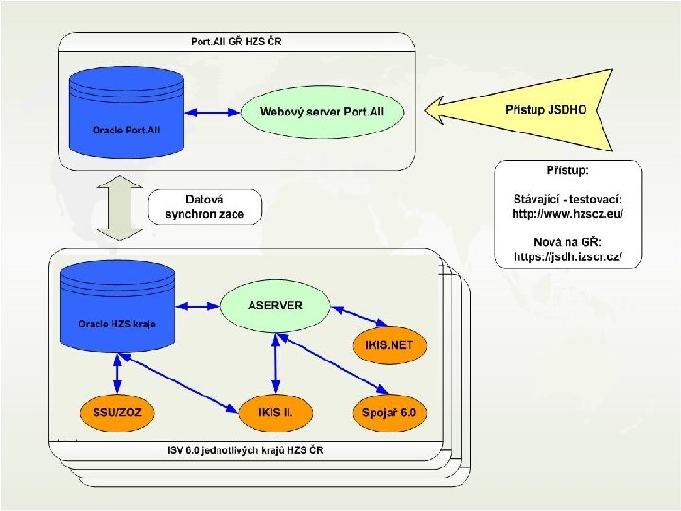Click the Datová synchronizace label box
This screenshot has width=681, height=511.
(x=204, y=207)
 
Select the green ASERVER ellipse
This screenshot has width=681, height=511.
(x=274, y=306)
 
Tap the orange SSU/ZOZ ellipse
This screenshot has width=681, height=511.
(x=116, y=413)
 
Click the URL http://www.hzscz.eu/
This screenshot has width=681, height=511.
(x=567, y=215)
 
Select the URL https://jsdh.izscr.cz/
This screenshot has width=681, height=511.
(x=567, y=257)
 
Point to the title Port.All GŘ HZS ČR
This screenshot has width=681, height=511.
(x=236, y=42)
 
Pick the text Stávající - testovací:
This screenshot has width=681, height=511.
(x=567, y=199)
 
